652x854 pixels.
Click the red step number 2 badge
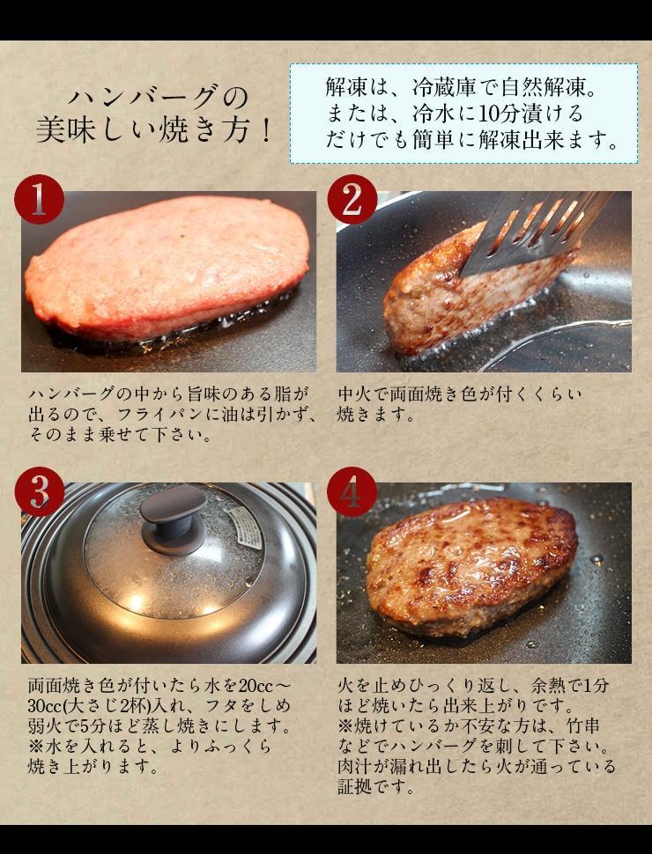click(x=352, y=200)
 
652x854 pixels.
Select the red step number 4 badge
click(x=352, y=491)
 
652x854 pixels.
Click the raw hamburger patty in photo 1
click(x=167, y=264)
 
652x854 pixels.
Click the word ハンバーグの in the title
click(x=159, y=96)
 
